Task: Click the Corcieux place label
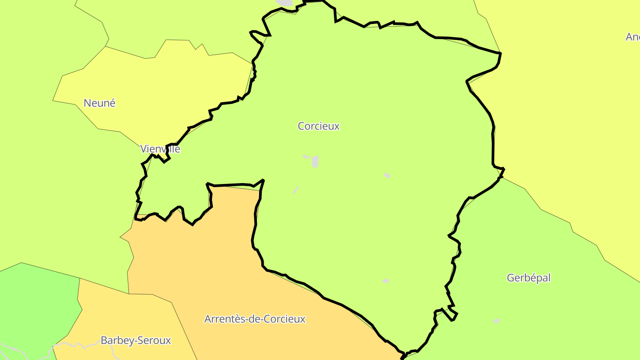[318, 126]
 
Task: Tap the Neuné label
[99, 103]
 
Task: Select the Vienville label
[160, 149]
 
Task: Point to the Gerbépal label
[528, 278]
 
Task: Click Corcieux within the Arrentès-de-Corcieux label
[284, 319]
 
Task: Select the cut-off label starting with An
[632, 37]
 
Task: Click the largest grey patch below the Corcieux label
[315, 162]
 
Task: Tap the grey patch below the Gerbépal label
[496, 321]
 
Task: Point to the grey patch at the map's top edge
[285, 3]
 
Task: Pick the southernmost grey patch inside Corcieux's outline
[386, 281]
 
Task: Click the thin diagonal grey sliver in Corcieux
[296, 190]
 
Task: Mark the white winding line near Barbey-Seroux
[76, 344]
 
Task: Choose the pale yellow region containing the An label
[578, 111]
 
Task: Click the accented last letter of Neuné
[112, 103]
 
